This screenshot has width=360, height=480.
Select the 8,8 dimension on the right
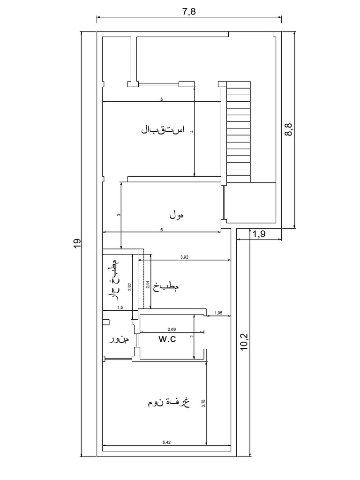[289, 130]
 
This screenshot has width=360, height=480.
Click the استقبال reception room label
[163, 129]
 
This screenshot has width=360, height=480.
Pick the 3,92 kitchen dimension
[187, 257]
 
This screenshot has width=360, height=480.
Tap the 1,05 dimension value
[218, 313]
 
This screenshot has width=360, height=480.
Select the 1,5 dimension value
[120, 307]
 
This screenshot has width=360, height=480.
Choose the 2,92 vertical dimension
[130, 287]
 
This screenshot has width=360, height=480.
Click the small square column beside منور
[106, 322]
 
